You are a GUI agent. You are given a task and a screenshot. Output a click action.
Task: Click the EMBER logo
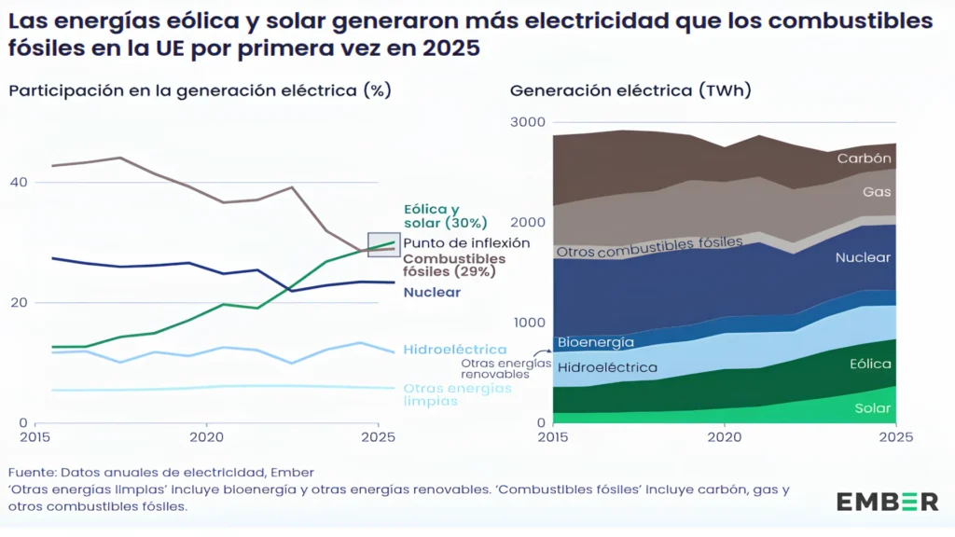point(887,502)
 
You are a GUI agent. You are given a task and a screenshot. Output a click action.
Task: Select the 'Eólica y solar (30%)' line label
point(445,216)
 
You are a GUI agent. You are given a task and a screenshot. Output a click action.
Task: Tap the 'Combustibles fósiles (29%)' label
point(454,265)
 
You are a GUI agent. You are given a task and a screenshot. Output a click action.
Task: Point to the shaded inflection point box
point(383,244)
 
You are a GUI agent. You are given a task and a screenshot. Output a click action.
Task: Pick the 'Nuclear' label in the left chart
point(432,292)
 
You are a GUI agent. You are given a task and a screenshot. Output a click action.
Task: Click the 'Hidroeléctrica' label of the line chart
point(455,350)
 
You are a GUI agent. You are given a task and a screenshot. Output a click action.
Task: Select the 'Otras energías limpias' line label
point(457,394)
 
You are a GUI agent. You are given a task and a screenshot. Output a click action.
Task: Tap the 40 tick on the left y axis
point(18,182)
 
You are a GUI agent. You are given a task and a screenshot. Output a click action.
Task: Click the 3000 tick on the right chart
point(528,122)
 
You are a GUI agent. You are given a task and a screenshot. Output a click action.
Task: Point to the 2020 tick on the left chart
point(206,436)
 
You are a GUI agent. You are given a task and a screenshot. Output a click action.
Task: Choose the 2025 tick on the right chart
point(895,436)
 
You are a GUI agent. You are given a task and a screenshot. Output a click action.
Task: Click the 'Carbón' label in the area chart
point(864,158)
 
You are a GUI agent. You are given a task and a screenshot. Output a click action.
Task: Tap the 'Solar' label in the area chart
point(872,408)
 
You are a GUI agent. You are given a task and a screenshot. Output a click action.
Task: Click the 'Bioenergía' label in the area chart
point(595,342)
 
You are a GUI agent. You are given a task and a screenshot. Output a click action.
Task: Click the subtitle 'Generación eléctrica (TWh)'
point(630,90)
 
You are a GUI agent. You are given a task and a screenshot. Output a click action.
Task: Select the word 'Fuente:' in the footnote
point(34,473)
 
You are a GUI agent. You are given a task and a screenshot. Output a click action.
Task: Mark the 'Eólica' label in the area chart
point(869,365)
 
